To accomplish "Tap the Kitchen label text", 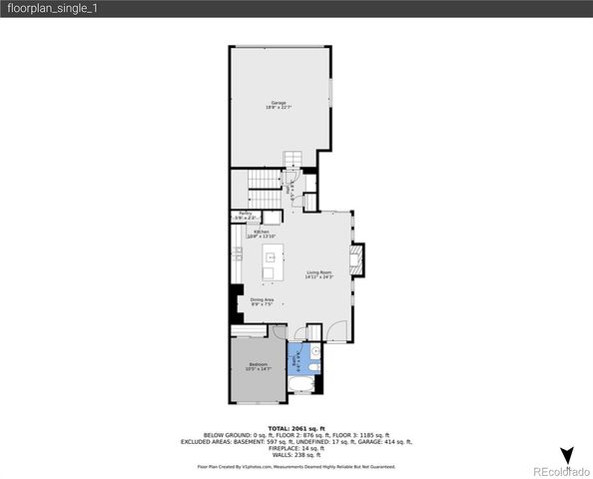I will [262, 234].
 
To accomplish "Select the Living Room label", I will [318, 273].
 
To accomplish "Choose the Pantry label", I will [245, 215].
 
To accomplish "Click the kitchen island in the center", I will [270, 265].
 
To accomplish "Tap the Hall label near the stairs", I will [291, 189].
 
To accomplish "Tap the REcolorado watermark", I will [560, 471].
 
